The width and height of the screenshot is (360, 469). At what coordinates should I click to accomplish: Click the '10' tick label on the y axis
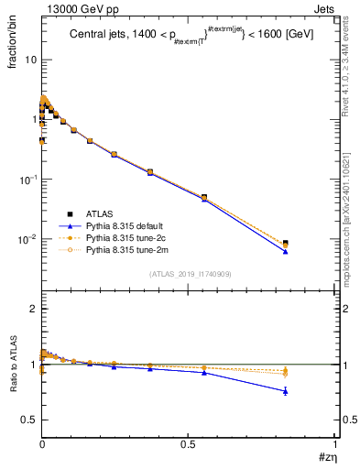coord(30,60)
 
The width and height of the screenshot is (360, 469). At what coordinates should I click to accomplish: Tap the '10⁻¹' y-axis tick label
coord(27,179)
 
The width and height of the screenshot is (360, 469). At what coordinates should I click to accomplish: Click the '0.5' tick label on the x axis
coord(188,443)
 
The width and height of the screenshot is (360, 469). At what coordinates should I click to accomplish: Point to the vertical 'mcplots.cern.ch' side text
coord(352,211)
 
